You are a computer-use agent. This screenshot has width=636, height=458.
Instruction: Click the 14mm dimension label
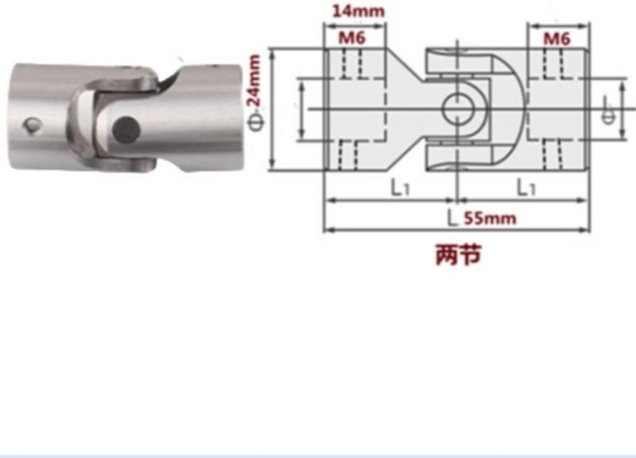pyautogui.click(x=358, y=11)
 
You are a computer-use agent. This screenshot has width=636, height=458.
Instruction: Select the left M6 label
pyautogui.click(x=352, y=38)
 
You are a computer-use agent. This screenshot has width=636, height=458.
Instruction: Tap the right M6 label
pyautogui.click(x=557, y=39)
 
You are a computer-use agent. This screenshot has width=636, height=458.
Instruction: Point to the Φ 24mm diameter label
pyautogui.click(x=256, y=93)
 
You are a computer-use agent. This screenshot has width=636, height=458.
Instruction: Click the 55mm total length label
pyautogui.click(x=490, y=218)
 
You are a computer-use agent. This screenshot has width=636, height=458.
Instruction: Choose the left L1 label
pyautogui.click(x=401, y=188)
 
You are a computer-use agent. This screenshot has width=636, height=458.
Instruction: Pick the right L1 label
pyautogui.click(x=526, y=188)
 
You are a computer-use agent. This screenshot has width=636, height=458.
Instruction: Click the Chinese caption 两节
pyautogui.click(x=458, y=255)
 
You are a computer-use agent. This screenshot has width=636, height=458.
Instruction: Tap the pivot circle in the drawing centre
pyautogui.click(x=458, y=108)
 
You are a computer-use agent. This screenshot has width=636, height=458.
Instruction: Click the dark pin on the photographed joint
pyautogui.click(x=126, y=130)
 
